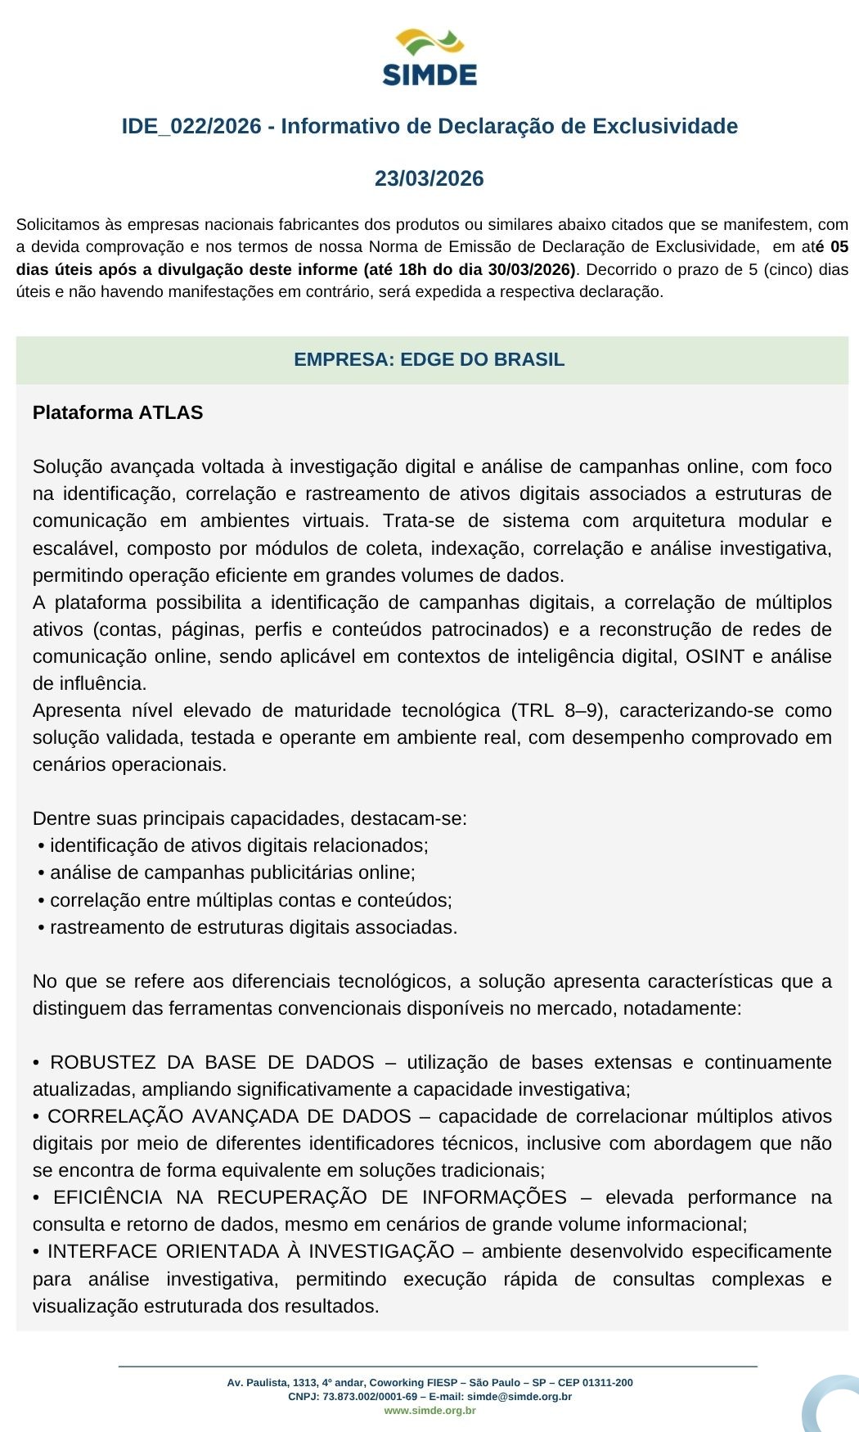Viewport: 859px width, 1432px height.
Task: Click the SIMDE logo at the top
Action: click(x=429, y=58)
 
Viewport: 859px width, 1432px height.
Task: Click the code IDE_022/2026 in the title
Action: click(x=191, y=127)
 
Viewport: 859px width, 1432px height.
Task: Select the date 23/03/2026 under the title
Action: click(x=429, y=178)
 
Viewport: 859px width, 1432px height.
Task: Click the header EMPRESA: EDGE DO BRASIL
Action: click(x=429, y=360)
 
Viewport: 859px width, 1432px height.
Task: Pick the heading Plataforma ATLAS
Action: click(x=118, y=412)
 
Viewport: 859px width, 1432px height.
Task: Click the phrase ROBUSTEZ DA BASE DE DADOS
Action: click(x=212, y=1062)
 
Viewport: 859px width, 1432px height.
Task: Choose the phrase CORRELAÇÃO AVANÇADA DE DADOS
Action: click(x=229, y=1116)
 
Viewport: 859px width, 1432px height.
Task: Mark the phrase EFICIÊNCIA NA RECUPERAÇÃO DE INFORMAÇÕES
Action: click(x=309, y=1197)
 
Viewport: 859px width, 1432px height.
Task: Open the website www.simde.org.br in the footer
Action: click(x=429, y=1410)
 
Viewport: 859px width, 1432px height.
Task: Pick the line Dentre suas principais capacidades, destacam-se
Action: click(x=250, y=818)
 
